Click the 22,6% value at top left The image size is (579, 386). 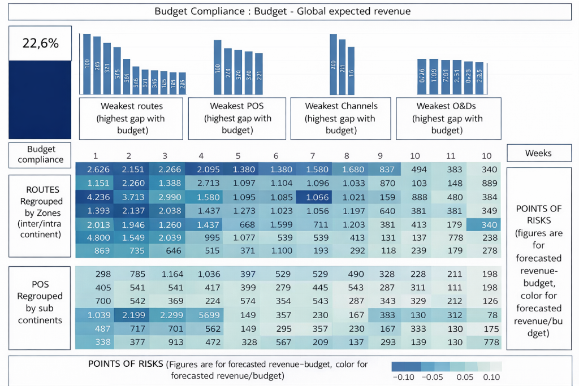point(40,43)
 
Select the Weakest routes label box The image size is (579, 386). point(131,118)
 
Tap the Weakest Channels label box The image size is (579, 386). point(341,118)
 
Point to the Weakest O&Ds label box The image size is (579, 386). point(449,118)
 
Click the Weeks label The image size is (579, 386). point(538,153)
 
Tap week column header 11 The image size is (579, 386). point(451,156)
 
